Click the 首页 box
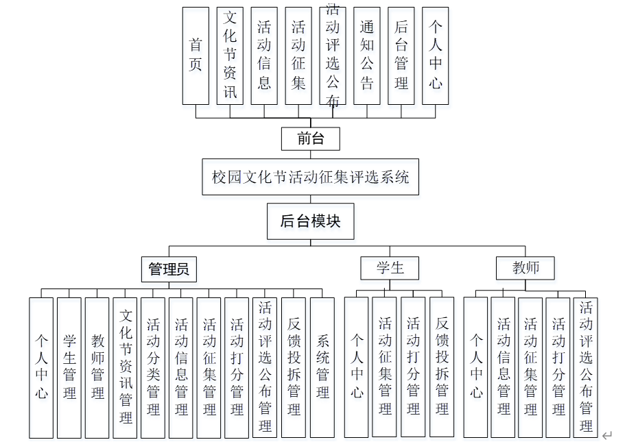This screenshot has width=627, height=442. click(196, 56)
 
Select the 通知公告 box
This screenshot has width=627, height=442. click(367, 56)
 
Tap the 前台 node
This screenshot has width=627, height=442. click(311, 138)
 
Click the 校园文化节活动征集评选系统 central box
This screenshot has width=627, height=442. click(311, 177)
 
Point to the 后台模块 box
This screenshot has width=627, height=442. click(311, 221)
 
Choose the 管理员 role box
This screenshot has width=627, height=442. click(169, 269)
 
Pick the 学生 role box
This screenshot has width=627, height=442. click(390, 268)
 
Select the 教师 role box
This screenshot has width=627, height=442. click(525, 268)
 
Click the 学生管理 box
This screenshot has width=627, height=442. click(69, 367)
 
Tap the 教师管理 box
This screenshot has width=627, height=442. click(97, 367)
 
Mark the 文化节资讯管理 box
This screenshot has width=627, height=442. click(126, 367)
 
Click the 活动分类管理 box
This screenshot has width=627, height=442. click(153, 367)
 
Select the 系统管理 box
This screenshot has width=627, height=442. click(322, 367)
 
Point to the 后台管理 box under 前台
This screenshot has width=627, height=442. click(401, 56)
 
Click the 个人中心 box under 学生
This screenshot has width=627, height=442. click(357, 367)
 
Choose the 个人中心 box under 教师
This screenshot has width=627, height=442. click(476, 367)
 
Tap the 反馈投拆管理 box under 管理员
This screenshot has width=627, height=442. click(294, 367)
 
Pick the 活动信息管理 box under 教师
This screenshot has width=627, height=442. click(504, 367)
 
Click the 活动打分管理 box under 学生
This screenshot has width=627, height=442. click(413, 367)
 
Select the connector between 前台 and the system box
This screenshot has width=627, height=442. click(311, 155)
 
